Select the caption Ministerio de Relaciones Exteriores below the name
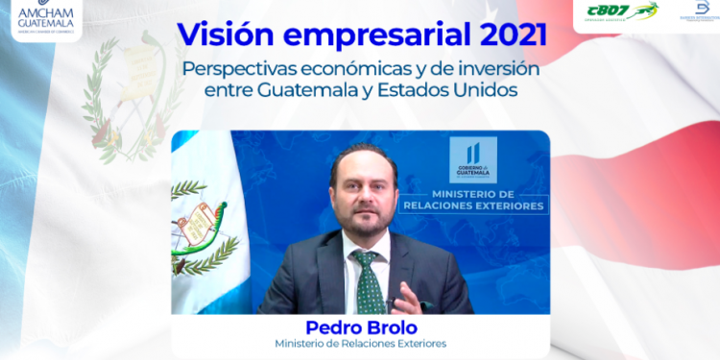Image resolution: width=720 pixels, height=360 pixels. click(x=360, y=344)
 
